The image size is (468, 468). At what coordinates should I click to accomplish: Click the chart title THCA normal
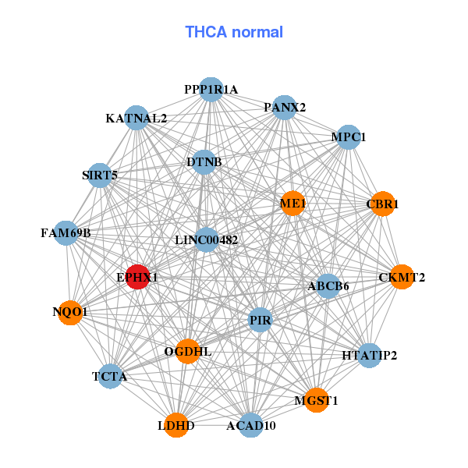pyautogui.click(x=234, y=32)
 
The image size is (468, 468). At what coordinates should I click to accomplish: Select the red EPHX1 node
pyautogui.click(x=138, y=277)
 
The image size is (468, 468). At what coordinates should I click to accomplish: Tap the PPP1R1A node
pyautogui.click(x=211, y=90)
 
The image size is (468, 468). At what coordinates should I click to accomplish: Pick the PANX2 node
pyautogui.click(x=285, y=107)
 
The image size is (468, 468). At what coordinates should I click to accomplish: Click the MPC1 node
pyautogui.click(x=348, y=137)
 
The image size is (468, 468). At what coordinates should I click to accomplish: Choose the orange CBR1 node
pyautogui.click(x=382, y=204)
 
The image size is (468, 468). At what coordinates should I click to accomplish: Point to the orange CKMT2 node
pyautogui.click(x=401, y=277)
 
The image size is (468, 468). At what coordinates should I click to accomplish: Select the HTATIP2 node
pyautogui.click(x=369, y=356)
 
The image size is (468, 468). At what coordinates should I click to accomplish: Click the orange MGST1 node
pyautogui.click(x=316, y=400)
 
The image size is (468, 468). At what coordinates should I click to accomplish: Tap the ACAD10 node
pyautogui.click(x=250, y=425)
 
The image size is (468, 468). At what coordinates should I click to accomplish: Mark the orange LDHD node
pyautogui.click(x=176, y=425)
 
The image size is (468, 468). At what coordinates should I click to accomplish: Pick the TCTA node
pyautogui.click(x=110, y=377)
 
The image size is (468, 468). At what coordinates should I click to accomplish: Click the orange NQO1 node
pyautogui.click(x=70, y=312)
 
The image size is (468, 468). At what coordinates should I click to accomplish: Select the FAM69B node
pyautogui.click(x=66, y=232)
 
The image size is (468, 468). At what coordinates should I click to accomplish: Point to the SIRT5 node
pyautogui.click(x=99, y=175)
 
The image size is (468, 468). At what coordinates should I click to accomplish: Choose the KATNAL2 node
pyautogui.click(x=136, y=119)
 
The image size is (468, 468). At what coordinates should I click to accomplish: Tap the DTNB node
pyautogui.click(x=204, y=162)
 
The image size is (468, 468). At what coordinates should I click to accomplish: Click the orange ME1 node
pyautogui.click(x=292, y=204)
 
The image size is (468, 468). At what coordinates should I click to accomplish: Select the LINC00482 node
pyautogui.click(x=206, y=239)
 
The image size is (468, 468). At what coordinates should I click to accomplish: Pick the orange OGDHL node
pyautogui.click(x=187, y=352)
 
